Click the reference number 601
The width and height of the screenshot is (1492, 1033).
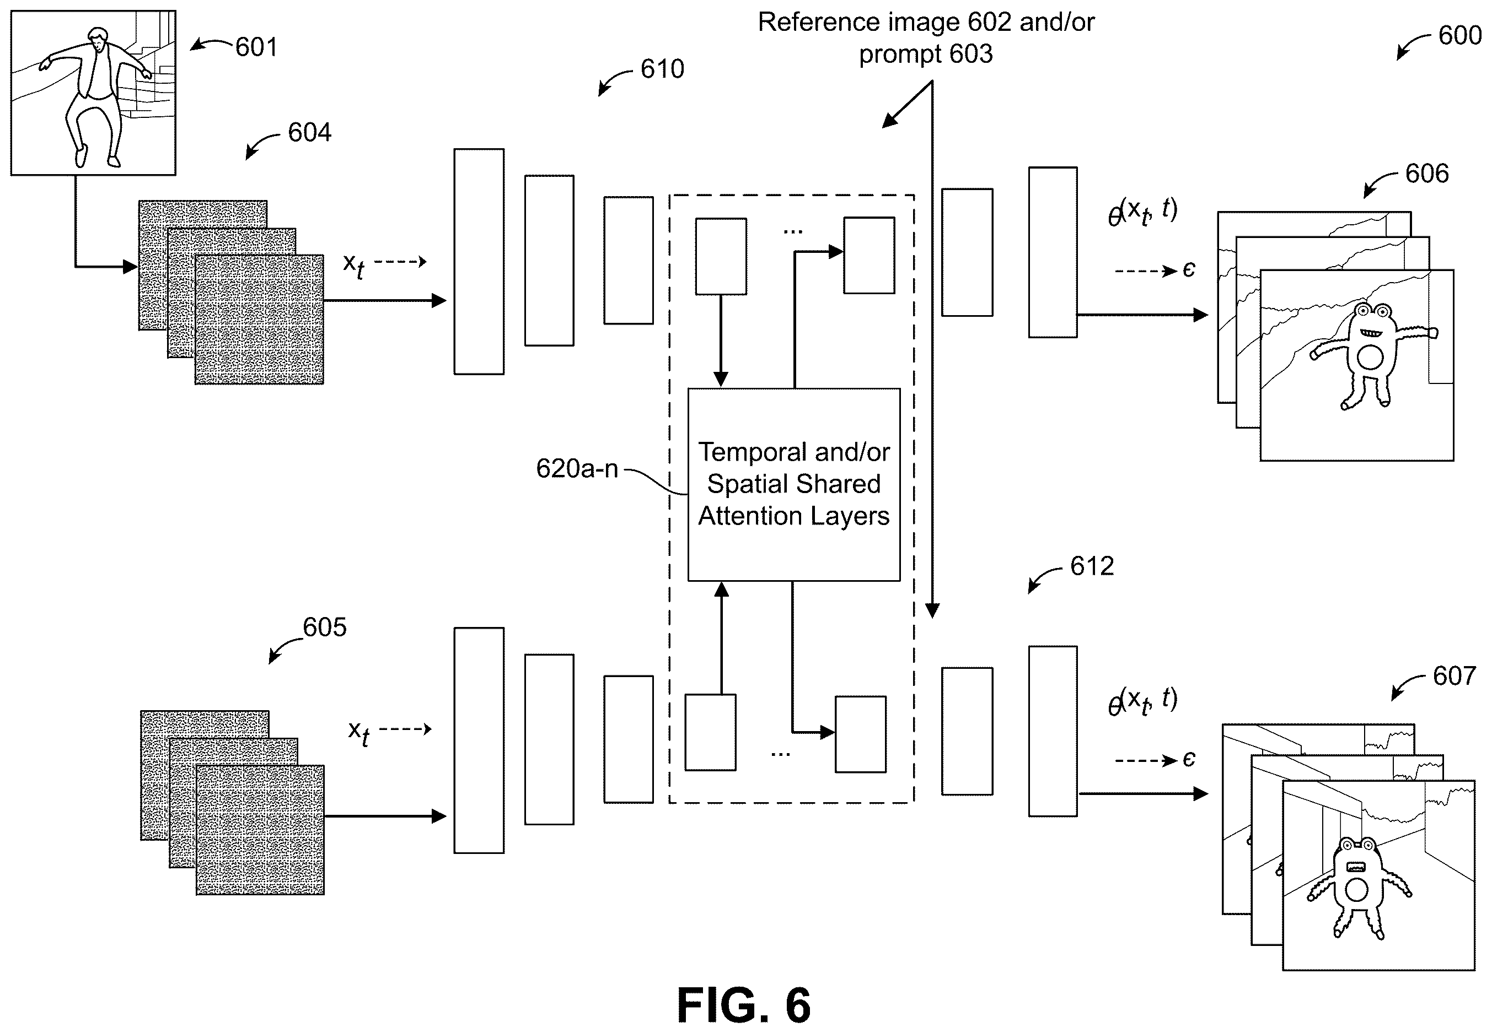click(256, 47)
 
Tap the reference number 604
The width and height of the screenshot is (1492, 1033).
click(309, 133)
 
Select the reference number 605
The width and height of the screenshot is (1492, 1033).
click(324, 627)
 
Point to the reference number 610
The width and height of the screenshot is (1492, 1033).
click(662, 69)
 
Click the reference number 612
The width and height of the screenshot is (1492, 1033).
click(1092, 566)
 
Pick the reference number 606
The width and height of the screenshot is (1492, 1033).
click(1426, 174)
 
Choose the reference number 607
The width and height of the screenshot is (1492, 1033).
click(1455, 677)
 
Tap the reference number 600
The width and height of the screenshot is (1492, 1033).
click(1459, 35)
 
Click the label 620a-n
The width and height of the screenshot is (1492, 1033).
click(577, 469)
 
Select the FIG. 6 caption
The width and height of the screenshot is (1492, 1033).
click(743, 1005)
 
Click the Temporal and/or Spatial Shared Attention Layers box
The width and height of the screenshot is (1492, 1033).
click(794, 485)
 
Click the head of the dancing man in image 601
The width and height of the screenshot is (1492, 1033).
click(98, 40)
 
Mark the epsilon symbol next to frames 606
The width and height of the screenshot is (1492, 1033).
click(1189, 269)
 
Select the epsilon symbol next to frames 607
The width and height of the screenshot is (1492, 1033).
click(1189, 759)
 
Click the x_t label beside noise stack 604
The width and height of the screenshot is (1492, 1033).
click(353, 266)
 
